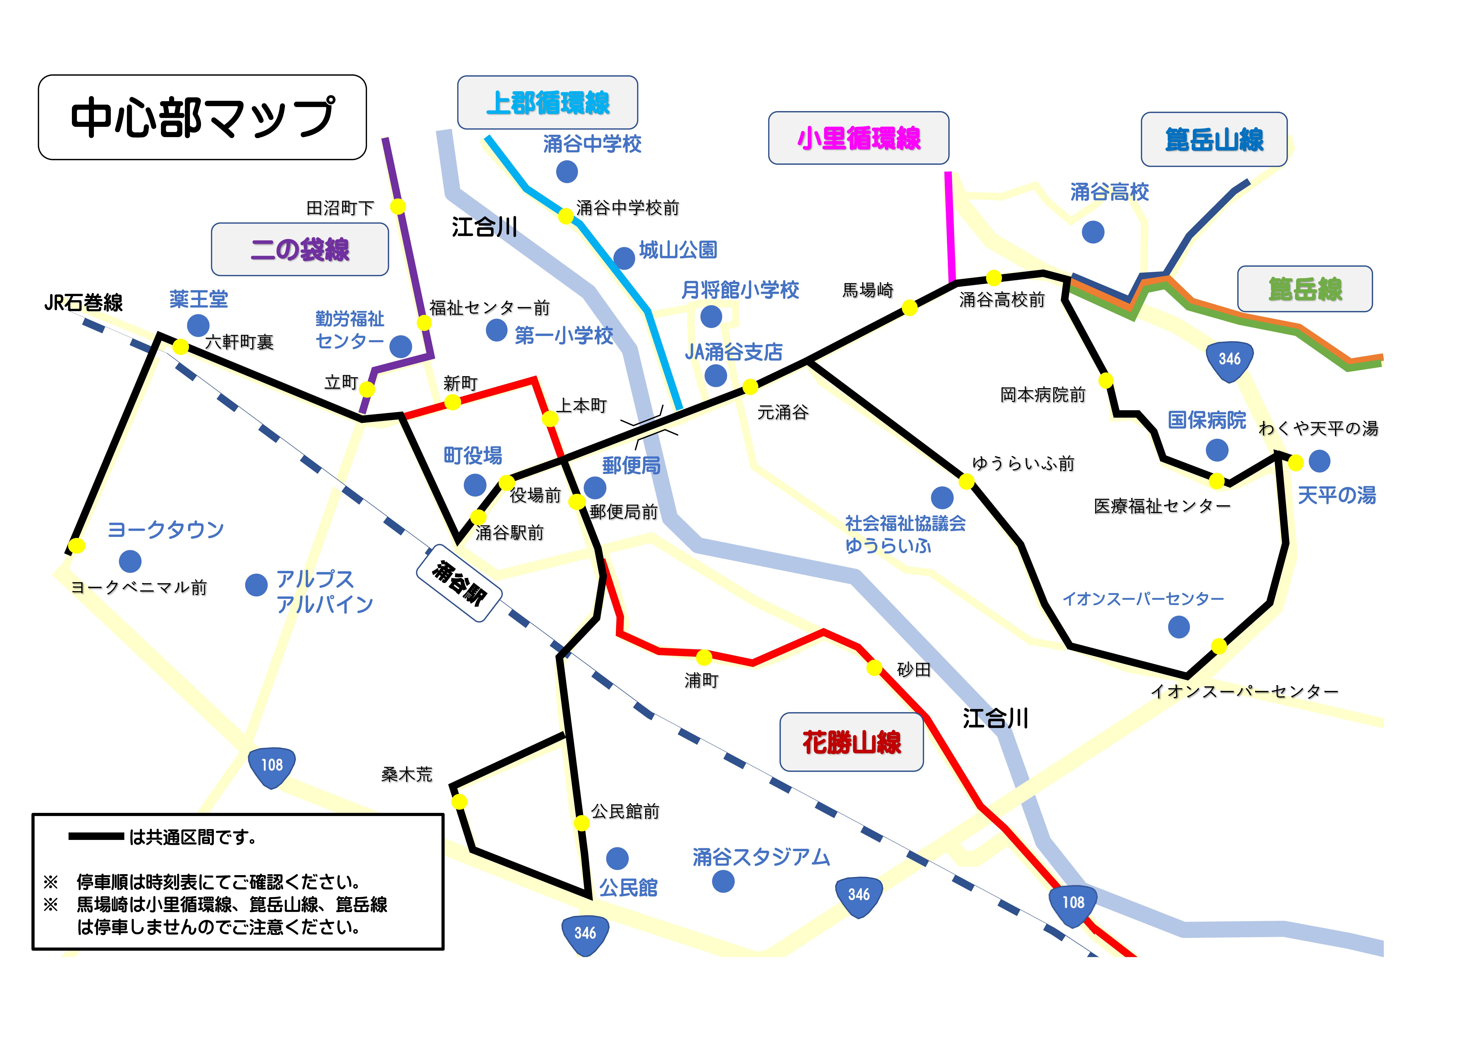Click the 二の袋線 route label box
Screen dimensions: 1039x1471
pyautogui.click(x=300, y=249)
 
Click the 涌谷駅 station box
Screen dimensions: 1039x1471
pyautogui.click(x=459, y=583)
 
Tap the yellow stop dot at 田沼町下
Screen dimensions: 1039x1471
pyautogui.click(x=398, y=206)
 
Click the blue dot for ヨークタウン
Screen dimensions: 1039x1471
pyautogui.click(x=130, y=561)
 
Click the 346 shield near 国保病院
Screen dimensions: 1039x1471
pyautogui.click(x=1229, y=360)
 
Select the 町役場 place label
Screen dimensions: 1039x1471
pyautogui.click(x=473, y=455)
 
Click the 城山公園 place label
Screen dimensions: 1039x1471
pyautogui.click(x=678, y=250)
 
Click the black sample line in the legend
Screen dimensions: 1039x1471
pyautogui.click(x=96, y=836)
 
